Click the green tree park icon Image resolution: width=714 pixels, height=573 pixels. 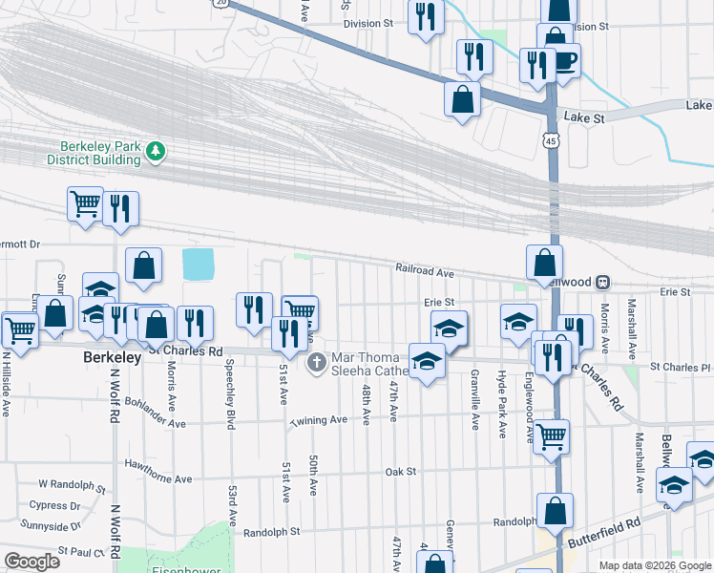(155, 150)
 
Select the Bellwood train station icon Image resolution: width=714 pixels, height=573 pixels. (602, 283)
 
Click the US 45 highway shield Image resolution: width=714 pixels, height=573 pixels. (553, 141)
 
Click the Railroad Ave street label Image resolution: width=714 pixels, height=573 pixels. (425, 271)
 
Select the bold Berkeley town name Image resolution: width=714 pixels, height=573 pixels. (113, 356)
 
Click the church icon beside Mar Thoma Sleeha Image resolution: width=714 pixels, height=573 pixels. (317, 363)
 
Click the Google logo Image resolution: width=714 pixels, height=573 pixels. (32, 562)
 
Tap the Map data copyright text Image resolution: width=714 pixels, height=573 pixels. (655, 565)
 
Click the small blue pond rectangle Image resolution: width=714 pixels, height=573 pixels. (198, 264)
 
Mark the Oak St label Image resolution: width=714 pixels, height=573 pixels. (400, 472)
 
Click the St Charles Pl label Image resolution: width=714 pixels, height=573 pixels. (680, 367)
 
